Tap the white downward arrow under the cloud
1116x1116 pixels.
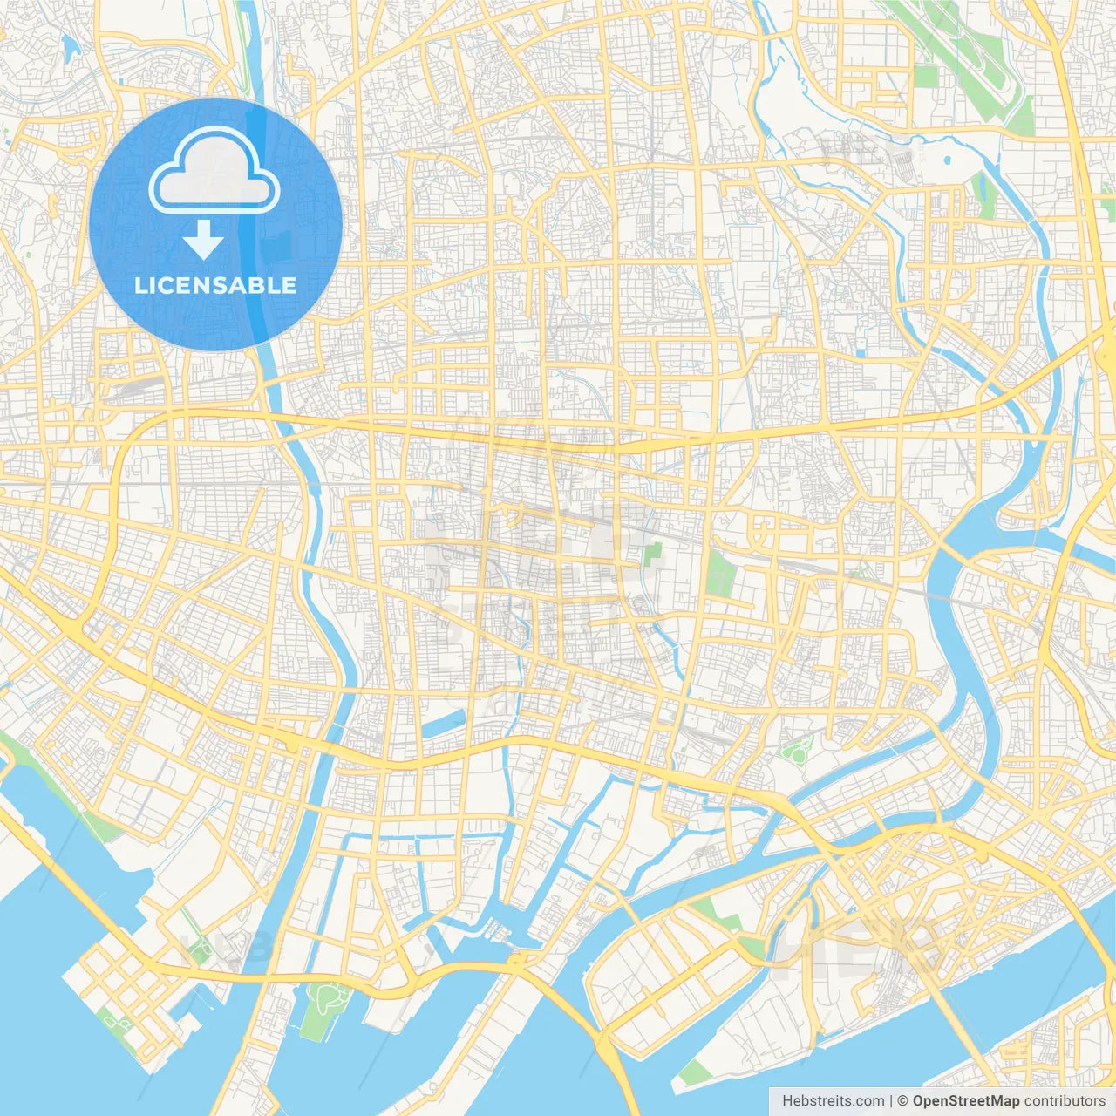click(x=203, y=240)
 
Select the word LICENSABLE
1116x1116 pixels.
click(x=215, y=285)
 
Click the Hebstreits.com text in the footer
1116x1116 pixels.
click(x=834, y=1101)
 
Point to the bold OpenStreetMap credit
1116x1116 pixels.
click(x=966, y=1101)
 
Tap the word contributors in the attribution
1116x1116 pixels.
click(x=1065, y=1101)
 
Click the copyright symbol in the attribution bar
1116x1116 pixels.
click(x=903, y=1101)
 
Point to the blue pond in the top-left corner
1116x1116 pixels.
click(x=66, y=44)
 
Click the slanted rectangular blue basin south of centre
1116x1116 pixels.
click(x=444, y=723)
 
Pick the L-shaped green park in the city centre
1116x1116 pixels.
click(x=651, y=558)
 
